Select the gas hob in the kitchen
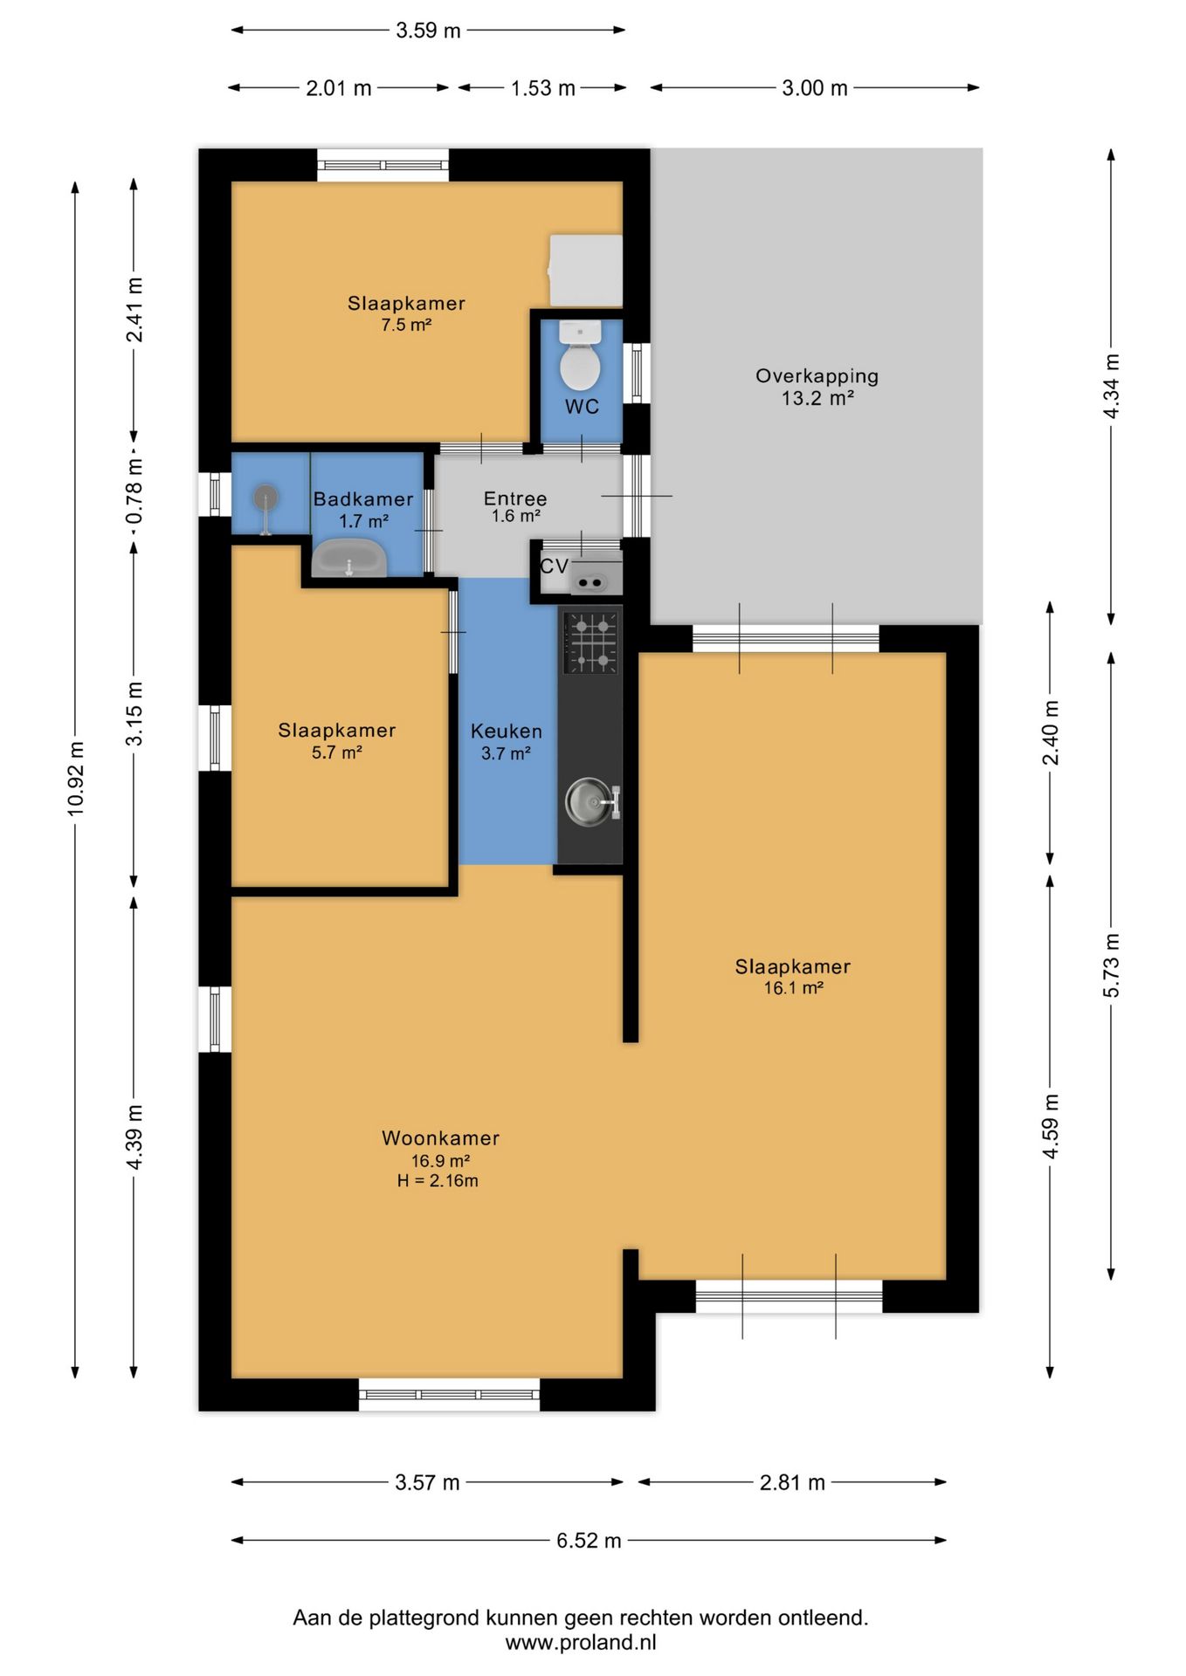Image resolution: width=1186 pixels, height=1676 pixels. coord(591,642)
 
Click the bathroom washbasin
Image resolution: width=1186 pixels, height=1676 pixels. coord(349,558)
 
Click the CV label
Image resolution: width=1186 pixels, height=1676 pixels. coord(554,566)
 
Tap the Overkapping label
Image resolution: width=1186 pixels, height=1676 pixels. coord(817,376)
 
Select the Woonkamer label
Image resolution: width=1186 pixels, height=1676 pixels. coord(440,1138)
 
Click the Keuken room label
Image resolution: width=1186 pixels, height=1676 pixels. coord(507,732)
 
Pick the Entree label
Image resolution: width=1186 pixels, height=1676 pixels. coord(515,498)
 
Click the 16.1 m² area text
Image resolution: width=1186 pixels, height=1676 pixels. coord(793,988)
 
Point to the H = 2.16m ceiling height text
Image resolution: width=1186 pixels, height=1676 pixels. coord(438,1181)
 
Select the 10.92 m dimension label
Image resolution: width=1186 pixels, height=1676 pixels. coord(76,779)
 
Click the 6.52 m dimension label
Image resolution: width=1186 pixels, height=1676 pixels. coord(589,1541)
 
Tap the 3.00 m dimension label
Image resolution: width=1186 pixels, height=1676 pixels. coord(815,88)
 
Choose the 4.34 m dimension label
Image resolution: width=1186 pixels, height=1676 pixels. coord(1111,386)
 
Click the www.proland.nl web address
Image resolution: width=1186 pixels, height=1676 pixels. coord(581,1643)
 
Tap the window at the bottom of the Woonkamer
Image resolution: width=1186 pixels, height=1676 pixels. coord(449,1394)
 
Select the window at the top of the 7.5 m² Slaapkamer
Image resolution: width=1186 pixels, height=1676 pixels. coord(383,165)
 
